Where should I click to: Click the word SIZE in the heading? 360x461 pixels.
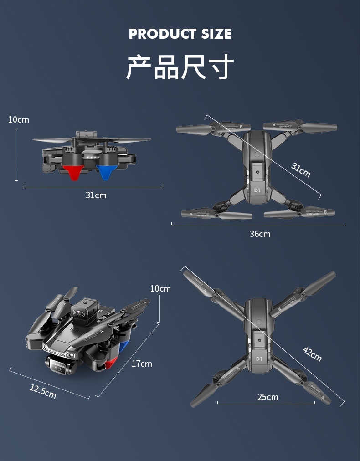click(215, 34)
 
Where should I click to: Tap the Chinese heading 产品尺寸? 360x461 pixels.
click(180, 67)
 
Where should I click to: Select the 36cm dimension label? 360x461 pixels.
click(260, 234)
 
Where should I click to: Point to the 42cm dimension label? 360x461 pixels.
click(313, 354)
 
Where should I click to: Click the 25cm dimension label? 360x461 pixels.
click(267, 397)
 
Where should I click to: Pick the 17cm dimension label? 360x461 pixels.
click(142, 364)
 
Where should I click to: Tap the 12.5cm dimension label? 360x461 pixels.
click(43, 391)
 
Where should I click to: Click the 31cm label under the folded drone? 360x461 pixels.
click(96, 195)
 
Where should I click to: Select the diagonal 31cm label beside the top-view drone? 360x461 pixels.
click(301, 170)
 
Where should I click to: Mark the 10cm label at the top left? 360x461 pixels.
click(18, 119)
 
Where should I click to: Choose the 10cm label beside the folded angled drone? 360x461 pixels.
click(160, 288)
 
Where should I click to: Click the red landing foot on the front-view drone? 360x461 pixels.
click(73, 172)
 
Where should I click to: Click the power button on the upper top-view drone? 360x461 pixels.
click(257, 154)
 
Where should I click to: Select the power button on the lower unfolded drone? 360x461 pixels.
click(259, 322)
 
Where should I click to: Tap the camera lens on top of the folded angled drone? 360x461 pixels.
click(81, 313)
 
